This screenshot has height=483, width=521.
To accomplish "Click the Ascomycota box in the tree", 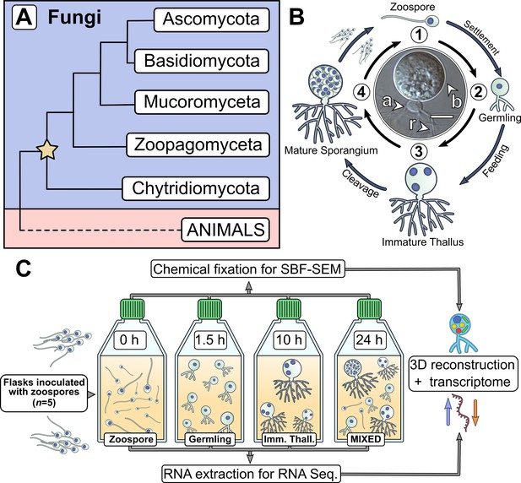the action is pyautogui.click(x=211, y=19).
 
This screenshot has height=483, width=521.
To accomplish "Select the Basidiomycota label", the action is pyautogui.click(x=201, y=61).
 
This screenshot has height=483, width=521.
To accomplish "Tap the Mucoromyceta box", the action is pyautogui.click(x=202, y=101).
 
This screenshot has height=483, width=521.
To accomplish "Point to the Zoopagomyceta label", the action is pyautogui.click(x=198, y=145).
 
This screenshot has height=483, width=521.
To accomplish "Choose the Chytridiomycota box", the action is pyautogui.click(x=195, y=188).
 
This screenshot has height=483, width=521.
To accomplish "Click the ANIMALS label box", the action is pyautogui.click(x=225, y=230).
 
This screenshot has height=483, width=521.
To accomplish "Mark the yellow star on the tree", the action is pyautogui.click(x=47, y=149).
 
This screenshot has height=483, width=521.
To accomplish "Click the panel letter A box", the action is pyautogui.click(x=24, y=18).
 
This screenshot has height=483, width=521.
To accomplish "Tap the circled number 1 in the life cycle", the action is pyautogui.click(x=420, y=35).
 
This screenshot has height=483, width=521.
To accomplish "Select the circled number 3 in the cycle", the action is pyautogui.click(x=419, y=151).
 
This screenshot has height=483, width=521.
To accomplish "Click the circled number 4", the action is pyautogui.click(x=361, y=92).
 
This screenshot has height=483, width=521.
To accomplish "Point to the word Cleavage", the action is pyautogui.click(x=361, y=183).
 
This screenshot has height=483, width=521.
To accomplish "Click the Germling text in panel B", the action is pyautogui.click(x=499, y=117).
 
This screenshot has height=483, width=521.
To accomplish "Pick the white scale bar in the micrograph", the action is pyautogui.click(x=442, y=117).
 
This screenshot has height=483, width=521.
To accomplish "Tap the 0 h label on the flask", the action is pyautogui.click(x=129, y=339).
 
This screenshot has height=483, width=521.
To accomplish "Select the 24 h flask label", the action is pyautogui.click(x=369, y=339).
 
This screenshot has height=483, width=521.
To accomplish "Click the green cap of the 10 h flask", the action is pyautogui.click(x=289, y=308).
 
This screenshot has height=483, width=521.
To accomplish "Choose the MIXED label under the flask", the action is pyautogui.click(x=366, y=439).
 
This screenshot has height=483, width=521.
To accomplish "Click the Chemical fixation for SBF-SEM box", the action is pyautogui.click(x=248, y=269).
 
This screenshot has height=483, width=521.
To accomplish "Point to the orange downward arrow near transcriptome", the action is pyautogui.click(x=475, y=412).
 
